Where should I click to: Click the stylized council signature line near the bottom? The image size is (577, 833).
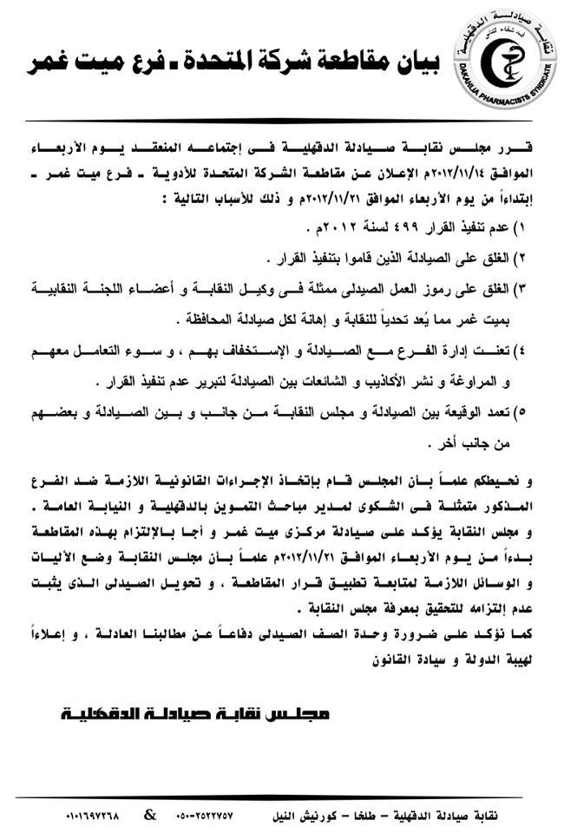[x=195, y=716]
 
